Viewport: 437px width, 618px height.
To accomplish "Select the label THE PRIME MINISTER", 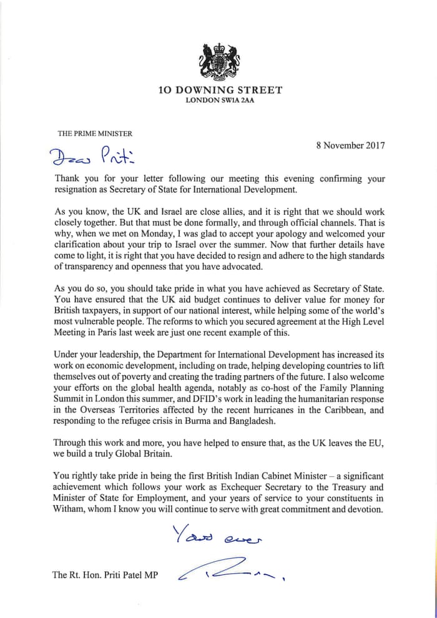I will click(95, 133).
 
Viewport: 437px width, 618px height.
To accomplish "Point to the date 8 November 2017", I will click(351, 145).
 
